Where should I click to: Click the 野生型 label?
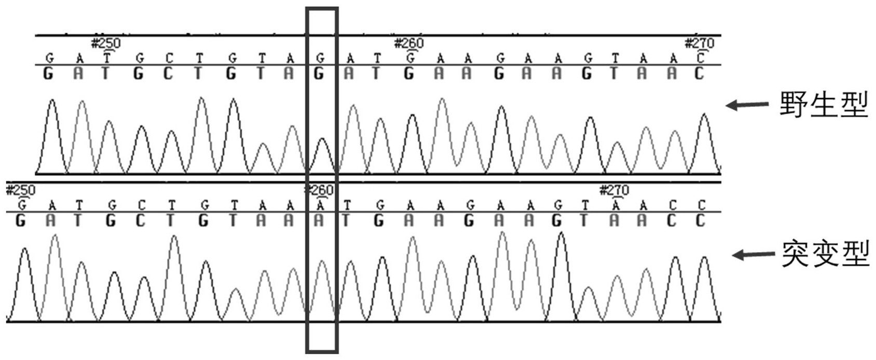[824, 104]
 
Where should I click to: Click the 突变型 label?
[826, 254]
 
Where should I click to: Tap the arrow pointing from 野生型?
[747, 105]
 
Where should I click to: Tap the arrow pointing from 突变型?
[753, 255]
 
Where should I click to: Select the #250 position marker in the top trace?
[106, 43]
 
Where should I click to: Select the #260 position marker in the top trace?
[409, 43]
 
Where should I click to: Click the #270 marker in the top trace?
[700, 43]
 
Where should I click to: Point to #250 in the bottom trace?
[21, 190]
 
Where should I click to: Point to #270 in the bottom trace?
[614, 190]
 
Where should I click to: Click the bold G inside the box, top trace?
[319, 74]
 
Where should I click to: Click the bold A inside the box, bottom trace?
[319, 221]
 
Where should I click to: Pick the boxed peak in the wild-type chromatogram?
[322, 155]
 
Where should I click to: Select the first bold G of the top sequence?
[48, 74]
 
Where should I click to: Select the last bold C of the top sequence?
[699, 74]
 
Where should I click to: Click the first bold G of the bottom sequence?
[21, 221]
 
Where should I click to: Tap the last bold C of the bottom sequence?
[701, 221]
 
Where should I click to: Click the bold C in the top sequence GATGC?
[168, 74]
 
